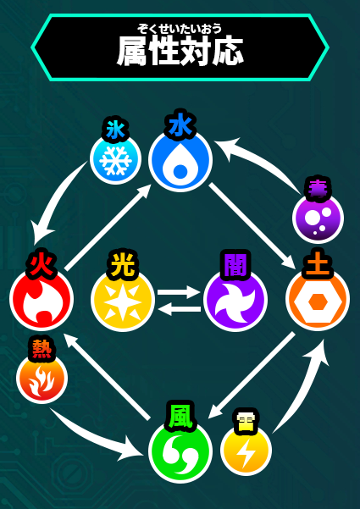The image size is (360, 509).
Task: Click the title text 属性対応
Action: click(x=180, y=52)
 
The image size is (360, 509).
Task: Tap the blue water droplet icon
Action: click(x=180, y=160)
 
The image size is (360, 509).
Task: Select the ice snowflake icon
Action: click(x=115, y=159)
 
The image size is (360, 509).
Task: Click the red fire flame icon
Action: click(x=42, y=299)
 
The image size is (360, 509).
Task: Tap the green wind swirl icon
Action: click(x=180, y=451)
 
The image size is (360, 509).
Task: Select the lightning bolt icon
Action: click(x=246, y=451)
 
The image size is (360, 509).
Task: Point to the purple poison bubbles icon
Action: click(x=318, y=218)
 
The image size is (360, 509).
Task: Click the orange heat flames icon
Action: click(x=42, y=379)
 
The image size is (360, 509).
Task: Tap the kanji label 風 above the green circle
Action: click(x=180, y=416)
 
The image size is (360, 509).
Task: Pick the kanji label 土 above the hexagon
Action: click(x=317, y=265)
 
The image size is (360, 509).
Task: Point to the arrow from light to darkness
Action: click(x=180, y=292)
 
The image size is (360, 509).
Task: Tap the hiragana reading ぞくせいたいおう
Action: click(x=180, y=29)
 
